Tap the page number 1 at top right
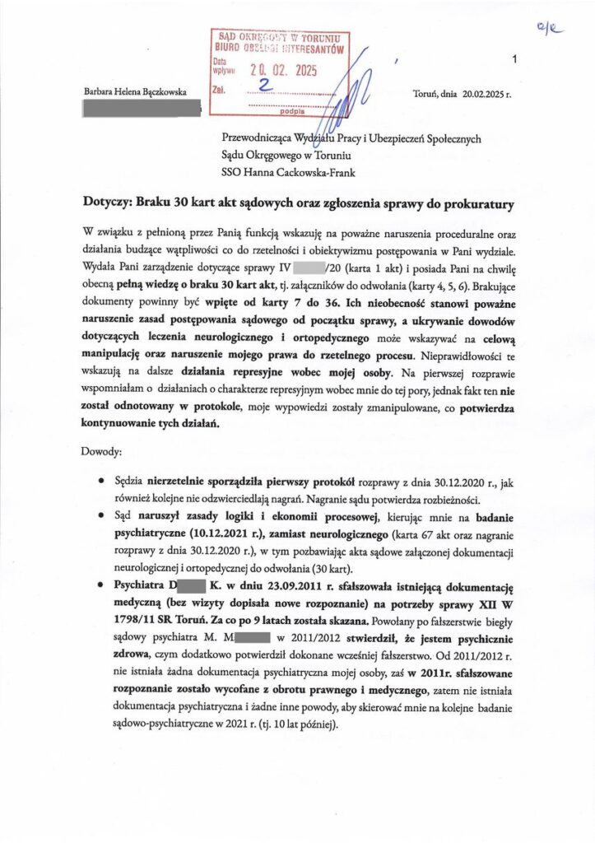[x=514, y=59]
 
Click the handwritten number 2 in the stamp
[x=264, y=86]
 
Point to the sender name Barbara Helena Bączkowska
[x=133, y=91]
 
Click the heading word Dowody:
[x=104, y=452]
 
